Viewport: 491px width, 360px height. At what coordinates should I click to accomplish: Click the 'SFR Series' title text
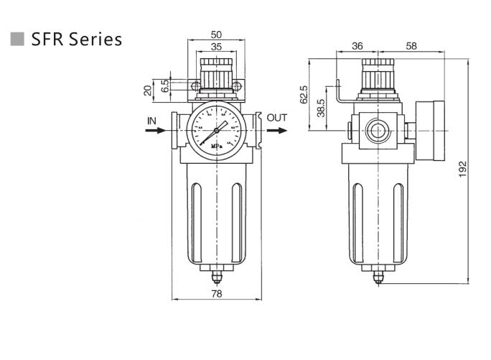[77, 39]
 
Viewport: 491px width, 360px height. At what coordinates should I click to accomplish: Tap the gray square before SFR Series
[18, 39]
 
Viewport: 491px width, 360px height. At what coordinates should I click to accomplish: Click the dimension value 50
[216, 34]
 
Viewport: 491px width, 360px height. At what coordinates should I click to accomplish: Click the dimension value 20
[149, 90]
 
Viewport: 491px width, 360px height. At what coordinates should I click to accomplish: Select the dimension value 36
[357, 46]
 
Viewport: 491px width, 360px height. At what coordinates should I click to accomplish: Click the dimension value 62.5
[304, 95]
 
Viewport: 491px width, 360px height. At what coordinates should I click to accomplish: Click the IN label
[152, 121]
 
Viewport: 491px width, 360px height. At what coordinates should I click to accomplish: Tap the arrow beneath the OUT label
[277, 131]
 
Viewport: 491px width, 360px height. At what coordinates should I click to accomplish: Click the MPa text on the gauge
[216, 147]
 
